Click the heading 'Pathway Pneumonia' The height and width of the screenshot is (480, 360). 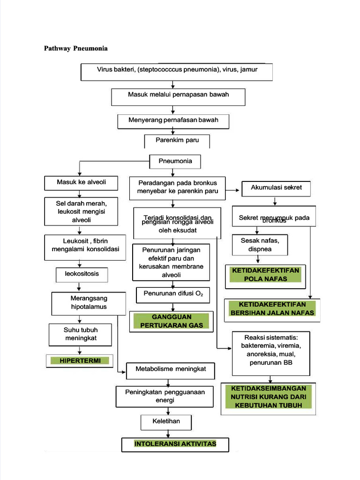tap(75, 48)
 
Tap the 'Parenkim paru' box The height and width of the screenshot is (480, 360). tap(177, 140)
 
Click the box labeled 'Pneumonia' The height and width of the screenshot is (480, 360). tap(175, 161)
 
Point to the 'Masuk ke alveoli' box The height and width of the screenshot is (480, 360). tap(81, 182)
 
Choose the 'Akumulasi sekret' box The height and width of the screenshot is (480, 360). tap(277, 188)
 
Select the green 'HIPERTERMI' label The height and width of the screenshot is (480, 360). tap(80, 360)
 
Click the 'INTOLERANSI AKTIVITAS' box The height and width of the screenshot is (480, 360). tap(175, 444)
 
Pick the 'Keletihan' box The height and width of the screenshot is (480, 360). tap(166, 421)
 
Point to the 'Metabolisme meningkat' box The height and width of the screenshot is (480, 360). tap(171, 369)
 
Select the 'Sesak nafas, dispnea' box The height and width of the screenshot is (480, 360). tap(260, 245)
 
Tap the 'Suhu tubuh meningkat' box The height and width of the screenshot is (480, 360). tap(81, 334)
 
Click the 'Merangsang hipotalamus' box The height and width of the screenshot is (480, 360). tap(89, 303)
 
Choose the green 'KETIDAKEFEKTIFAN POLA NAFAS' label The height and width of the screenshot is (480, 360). tap(265, 275)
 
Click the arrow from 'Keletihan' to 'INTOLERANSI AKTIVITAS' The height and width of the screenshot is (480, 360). tap(175, 434)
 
